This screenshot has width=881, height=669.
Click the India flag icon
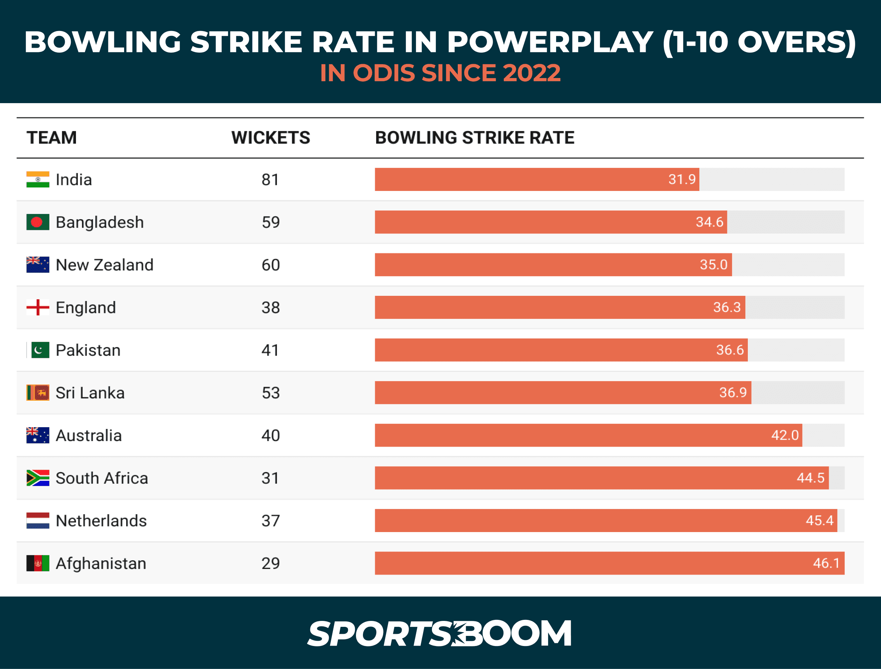38,179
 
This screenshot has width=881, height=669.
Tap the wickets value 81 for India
270,179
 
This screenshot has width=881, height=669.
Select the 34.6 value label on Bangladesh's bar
709,222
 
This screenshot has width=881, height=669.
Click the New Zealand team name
104,265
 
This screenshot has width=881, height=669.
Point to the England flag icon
38,307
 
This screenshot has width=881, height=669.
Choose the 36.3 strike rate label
727,307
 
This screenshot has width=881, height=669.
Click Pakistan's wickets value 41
270,350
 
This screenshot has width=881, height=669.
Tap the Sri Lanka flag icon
38,393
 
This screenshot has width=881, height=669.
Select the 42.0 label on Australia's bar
784,435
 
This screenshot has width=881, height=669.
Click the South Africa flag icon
38,478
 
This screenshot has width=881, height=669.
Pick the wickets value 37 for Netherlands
271,521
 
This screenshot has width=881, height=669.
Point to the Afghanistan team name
101,563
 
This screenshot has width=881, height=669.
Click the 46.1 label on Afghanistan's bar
826,563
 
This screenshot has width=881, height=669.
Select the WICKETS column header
271,138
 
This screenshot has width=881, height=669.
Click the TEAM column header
52,138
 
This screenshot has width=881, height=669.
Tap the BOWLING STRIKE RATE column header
474,138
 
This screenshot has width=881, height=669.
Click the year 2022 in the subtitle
531,73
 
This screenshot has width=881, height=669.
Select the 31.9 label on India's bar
682,179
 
